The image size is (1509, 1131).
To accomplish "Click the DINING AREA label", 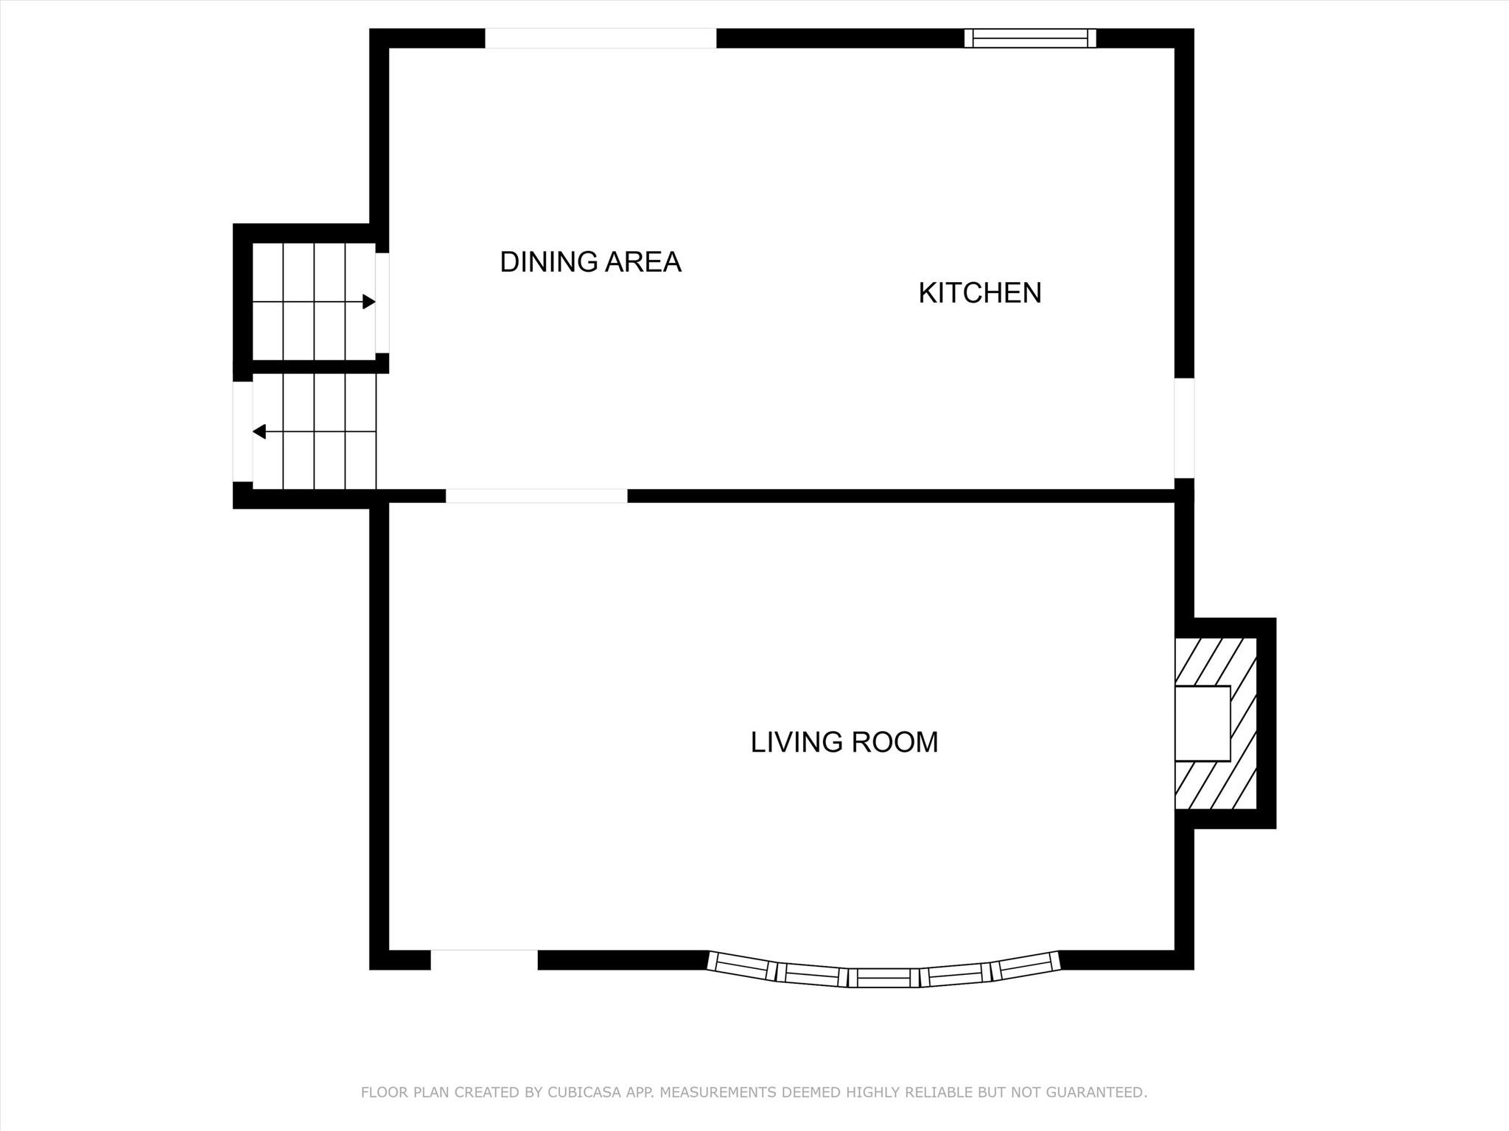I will (x=590, y=262).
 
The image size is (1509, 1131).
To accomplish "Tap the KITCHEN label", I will (x=979, y=293).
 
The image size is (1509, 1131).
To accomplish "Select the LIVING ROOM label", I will (x=844, y=742).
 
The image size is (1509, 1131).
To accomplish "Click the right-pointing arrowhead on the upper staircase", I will (x=369, y=302).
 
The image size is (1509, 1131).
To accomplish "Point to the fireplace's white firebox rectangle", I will (x=1202, y=723).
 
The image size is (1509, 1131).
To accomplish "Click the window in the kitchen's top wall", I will (x=1030, y=38).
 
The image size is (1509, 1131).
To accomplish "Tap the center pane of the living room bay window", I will (x=883, y=978).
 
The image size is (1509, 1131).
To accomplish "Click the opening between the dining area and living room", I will (x=536, y=496).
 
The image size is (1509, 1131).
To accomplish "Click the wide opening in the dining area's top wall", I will (x=600, y=38).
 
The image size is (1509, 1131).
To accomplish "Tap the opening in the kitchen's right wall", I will (x=1183, y=428).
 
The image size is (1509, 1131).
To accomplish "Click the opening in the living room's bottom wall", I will (x=484, y=959).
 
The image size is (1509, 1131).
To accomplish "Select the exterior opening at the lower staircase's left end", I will (x=242, y=431).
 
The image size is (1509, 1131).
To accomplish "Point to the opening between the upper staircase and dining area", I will (x=382, y=303).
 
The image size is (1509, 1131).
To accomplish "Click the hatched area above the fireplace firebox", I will (x=1214, y=661).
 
